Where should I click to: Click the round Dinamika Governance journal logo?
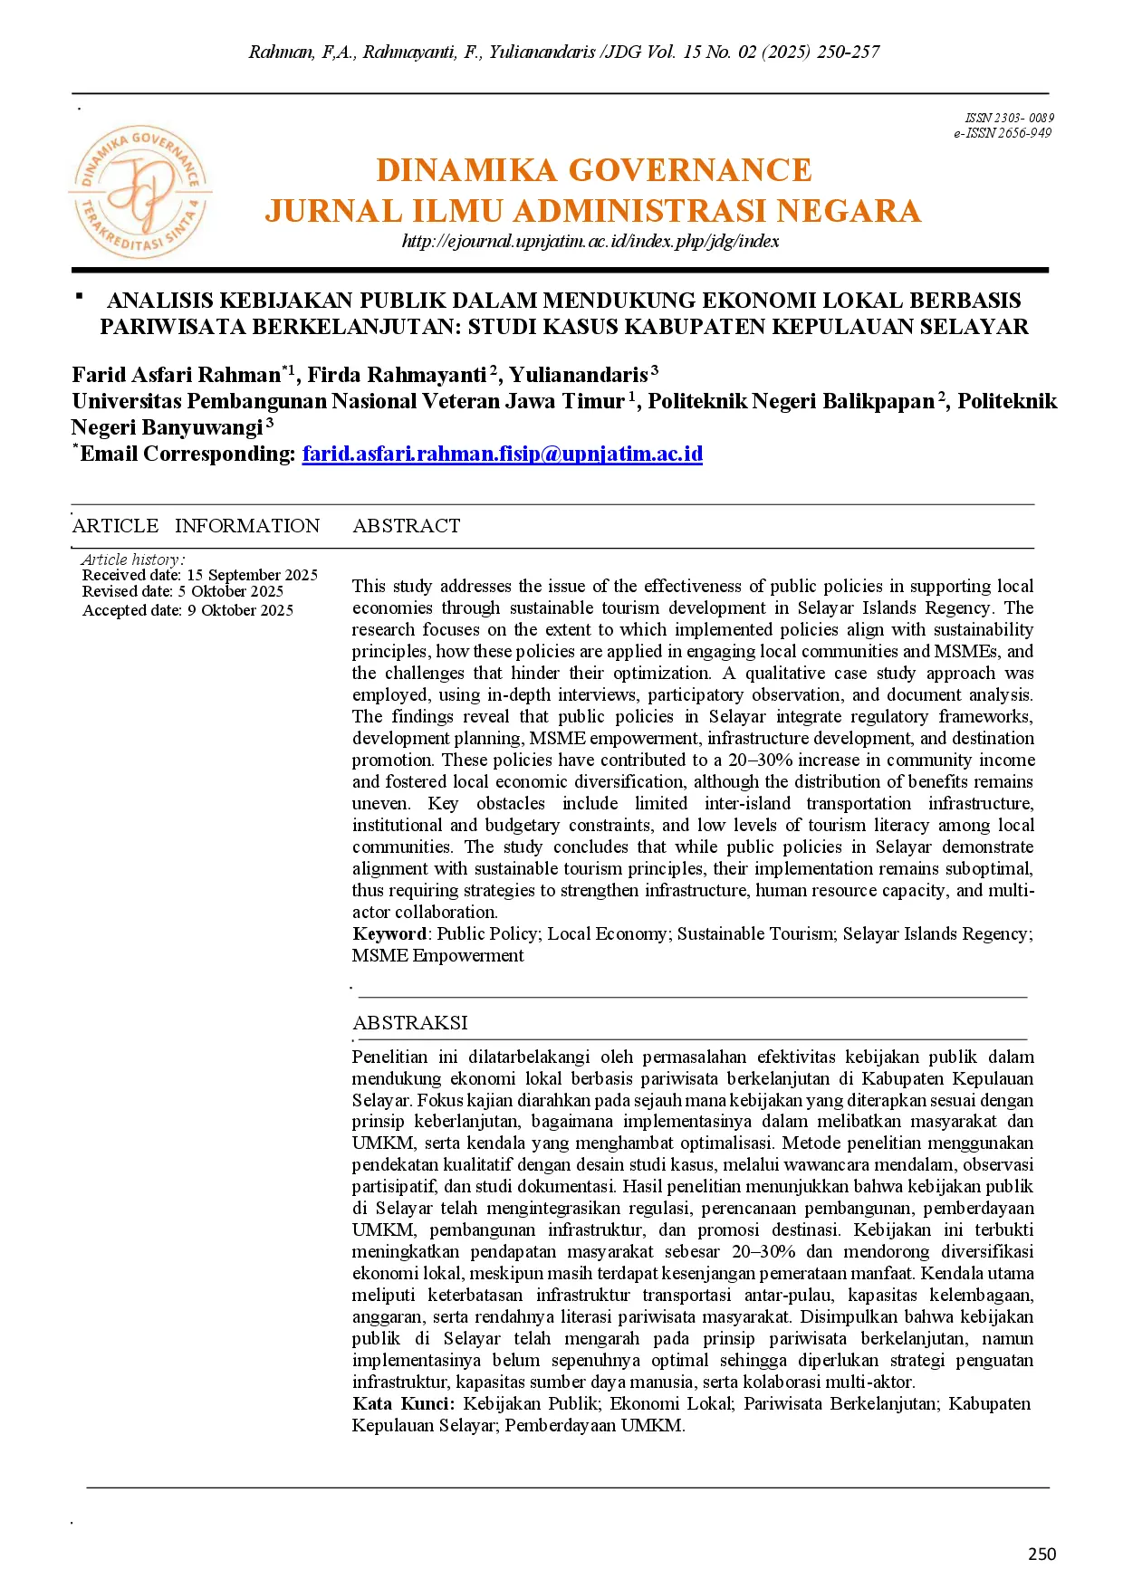pos(140,192)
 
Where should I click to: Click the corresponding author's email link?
pos(502,454)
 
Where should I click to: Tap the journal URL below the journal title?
pos(590,241)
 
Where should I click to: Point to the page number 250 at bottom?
pos(1041,1554)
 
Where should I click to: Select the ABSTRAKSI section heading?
pos(410,1022)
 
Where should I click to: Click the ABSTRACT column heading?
pos(407,526)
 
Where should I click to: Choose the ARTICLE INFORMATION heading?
pos(196,526)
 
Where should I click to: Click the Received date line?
pos(199,575)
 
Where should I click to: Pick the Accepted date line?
pos(187,610)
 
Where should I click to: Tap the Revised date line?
pos(182,592)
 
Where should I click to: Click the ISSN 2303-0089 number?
pos(1009,118)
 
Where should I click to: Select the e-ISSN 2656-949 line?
pos(1002,133)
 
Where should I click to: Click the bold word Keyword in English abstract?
pos(389,933)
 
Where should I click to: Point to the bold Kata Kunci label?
pos(403,1403)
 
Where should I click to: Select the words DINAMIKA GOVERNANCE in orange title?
pos(594,170)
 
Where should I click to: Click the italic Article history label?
pos(132,560)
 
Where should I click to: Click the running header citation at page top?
pos(563,52)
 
